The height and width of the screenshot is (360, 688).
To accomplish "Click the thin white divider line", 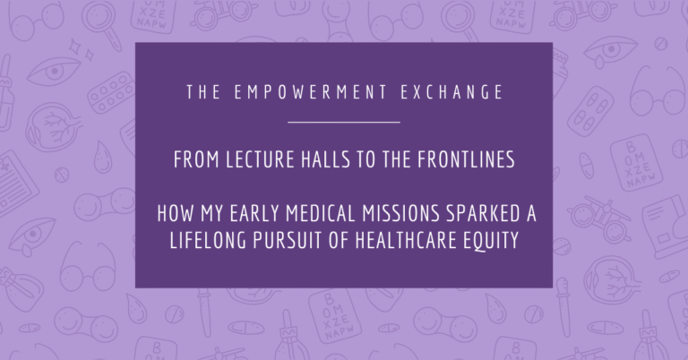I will [x=344, y=121].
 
